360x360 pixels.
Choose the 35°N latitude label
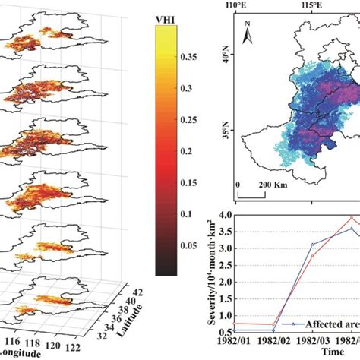coord(226,140)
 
